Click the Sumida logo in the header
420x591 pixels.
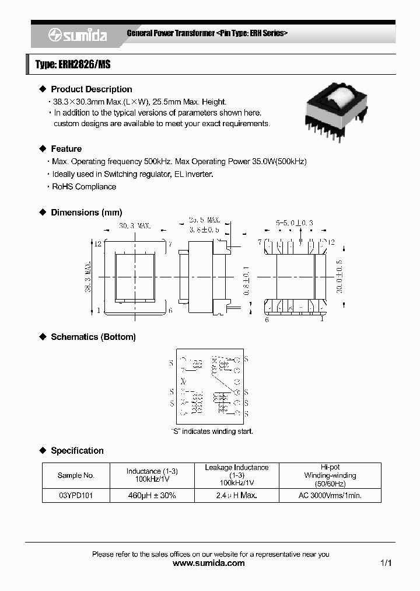tap(77, 35)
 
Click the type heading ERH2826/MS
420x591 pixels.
tap(73, 65)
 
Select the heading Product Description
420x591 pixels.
tap(91, 89)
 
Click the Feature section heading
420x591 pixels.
tap(66, 149)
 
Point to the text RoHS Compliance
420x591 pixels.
tap(84, 187)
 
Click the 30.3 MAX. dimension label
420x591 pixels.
tap(134, 225)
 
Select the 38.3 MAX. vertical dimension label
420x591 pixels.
tap(87, 277)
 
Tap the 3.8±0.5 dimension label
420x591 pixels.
tap(204, 230)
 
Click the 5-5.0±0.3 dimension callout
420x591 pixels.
tap(294, 223)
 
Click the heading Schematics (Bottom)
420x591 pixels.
tap(93, 337)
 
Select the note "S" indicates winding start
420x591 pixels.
tap(212, 432)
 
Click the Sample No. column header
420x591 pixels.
tap(76, 475)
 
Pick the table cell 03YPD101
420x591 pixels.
tap(76, 495)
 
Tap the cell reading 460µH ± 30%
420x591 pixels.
tap(152, 495)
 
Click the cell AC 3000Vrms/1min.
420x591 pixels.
tap(330, 495)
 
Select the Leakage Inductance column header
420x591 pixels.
tap(237, 467)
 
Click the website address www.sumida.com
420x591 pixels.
tap(209, 564)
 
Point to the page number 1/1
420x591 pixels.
tap(386, 564)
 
